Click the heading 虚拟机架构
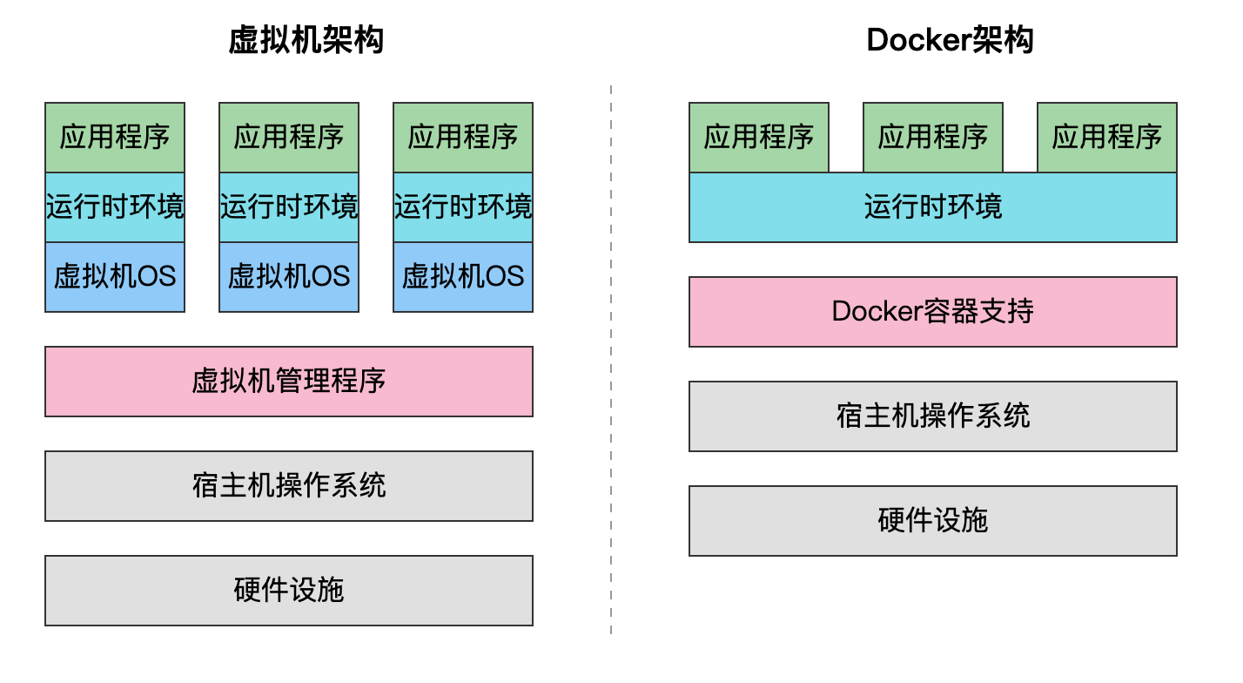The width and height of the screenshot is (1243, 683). click(306, 40)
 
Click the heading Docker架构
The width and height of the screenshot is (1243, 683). click(950, 40)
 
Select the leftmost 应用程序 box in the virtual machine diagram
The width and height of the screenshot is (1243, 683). click(115, 138)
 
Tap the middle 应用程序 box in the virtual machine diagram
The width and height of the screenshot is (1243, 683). click(289, 138)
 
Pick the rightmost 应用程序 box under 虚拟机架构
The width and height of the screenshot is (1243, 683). click(463, 138)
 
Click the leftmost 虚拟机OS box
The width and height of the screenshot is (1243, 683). click(115, 277)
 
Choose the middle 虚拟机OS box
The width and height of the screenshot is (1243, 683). click(289, 277)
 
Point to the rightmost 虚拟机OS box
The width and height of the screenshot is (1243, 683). click(463, 277)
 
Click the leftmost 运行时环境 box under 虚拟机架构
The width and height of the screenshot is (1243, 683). click(115, 207)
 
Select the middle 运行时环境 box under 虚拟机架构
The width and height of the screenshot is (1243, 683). click(289, 207)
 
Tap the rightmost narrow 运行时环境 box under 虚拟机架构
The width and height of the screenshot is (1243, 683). click(463, 207)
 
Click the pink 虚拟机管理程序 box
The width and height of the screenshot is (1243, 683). click(289, 382)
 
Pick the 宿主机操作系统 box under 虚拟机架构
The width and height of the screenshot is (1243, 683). click(289, 486)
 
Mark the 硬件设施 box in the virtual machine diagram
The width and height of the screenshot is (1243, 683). click(289, 591)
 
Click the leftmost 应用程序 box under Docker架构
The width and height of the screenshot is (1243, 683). click(759, 138)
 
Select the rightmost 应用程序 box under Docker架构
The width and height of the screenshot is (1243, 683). click(1107, 138)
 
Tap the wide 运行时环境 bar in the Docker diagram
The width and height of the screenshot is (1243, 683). click(933, 207)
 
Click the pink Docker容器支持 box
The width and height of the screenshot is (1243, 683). click(933, 312)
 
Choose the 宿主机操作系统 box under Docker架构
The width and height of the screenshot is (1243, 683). click(933, 416)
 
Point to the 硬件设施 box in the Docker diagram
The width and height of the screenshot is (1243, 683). click(933, 521)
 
